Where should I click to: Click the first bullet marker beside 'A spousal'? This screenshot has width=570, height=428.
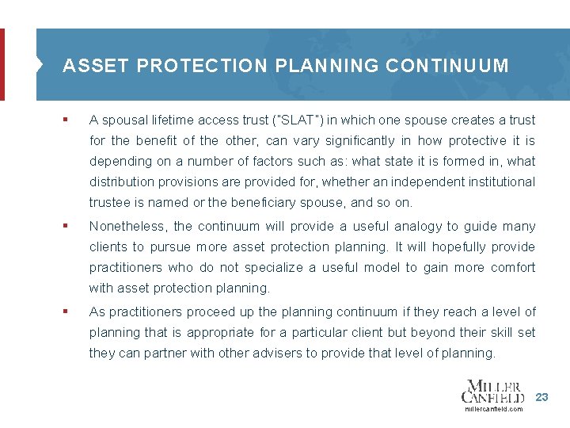pyautogui.click(x=66, y=120)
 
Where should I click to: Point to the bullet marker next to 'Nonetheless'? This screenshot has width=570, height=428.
pyautogui.click(x=66, y=227)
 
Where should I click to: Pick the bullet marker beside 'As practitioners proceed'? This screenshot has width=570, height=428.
pyautogui.click(x=66, y=312)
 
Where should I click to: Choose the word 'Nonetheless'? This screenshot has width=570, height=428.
pyautogui.click(x=125, y=227)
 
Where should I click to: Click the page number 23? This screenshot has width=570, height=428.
pyautogui.click(x=541, y=396)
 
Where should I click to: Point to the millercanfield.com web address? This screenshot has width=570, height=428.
pyautogui.click(x=494, y=409)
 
